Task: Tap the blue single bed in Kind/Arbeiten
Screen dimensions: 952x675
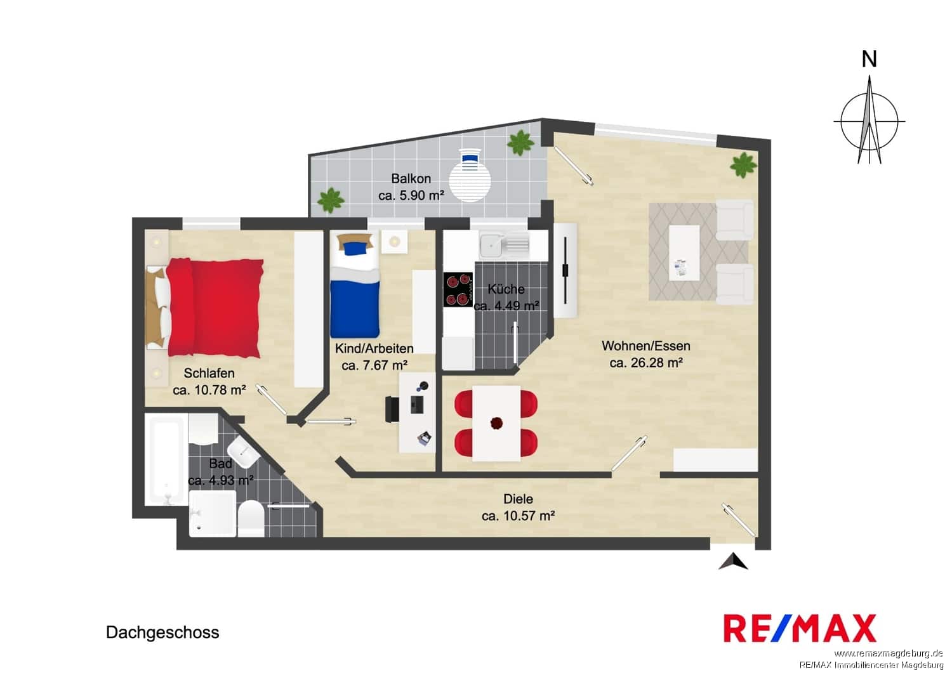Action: pyautogui.click(x=354, y=284)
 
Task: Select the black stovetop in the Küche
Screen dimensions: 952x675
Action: pyautogui.click(x=458, y=289)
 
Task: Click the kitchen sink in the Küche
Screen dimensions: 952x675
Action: pyautogui.click(x=505, y=246)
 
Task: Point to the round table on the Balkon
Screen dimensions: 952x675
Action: pyautogui.click(x=470, y=181)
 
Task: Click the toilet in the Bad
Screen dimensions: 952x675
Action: pyautogui.click(x=251, y=519)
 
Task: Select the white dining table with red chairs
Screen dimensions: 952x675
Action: pyautogui.click(x=496, y=423)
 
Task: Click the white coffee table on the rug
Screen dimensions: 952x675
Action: pyautogui.click(x=684, y=252)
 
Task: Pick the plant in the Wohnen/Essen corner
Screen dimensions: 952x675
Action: pyautogui.click(x=743, y=165)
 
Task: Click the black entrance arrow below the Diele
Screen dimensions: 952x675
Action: pyautogui.click(x=733, y=561)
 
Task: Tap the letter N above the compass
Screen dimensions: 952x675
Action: pyautogui.click(x=869, y=59)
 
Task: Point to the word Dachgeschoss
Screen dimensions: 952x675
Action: pyautogui.click(x=162, y=632)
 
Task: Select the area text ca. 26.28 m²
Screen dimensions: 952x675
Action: pyautogui.click(x=646, y=363)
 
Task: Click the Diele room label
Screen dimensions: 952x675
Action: pyautogui.click(x=518, y=499)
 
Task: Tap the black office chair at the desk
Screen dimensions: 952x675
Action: pyautogui.click(x=392, y=409)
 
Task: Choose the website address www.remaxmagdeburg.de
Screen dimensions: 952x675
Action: pyautogui.click(x=889, y=653)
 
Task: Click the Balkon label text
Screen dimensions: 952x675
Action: pyautogui.click(x=411, y=178)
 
